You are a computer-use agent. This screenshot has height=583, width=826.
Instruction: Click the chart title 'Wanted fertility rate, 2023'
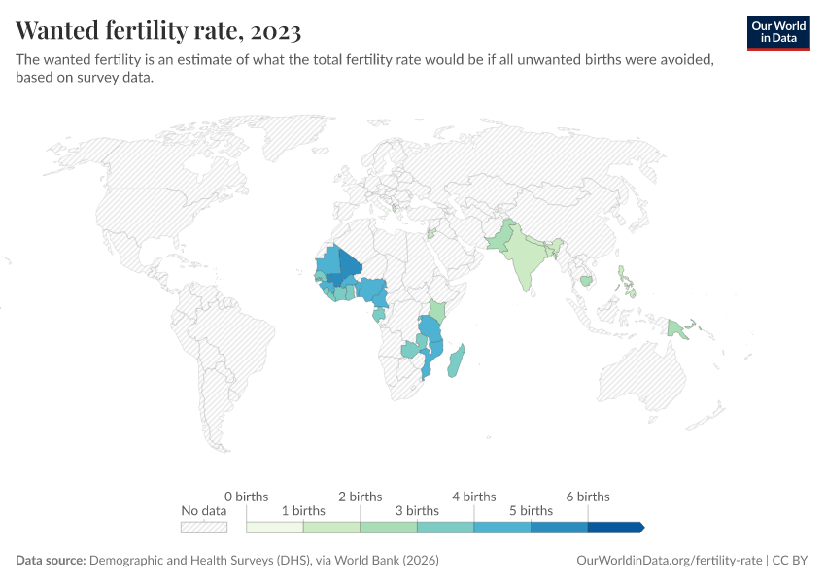click(x=158, y=31)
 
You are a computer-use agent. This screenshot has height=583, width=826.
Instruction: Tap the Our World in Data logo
click(x=777, y=32)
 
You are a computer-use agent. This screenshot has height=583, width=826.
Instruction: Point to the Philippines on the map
click(x=630, y=280)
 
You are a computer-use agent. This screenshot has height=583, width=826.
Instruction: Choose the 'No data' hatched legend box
click(x=204, y=528)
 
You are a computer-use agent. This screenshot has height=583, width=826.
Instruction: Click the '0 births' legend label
click(x=246, y=497)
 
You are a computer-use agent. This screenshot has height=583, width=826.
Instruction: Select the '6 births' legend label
click(x=587, y=497)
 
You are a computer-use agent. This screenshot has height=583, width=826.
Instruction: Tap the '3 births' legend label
click(x=417, y=510)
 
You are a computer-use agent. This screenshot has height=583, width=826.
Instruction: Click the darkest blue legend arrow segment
click(x=615, y=528)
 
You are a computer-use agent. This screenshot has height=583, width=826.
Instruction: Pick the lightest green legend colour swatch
click(x=275, y=528)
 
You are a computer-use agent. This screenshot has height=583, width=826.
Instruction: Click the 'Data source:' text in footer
click(x=51, y=561)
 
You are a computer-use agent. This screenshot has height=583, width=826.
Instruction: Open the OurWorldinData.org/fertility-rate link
click(x=669, y=561)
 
